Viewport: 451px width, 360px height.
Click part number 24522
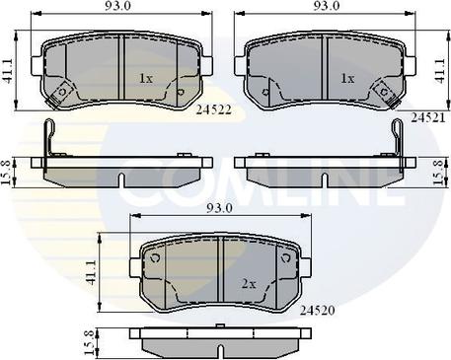[x=214, y=109]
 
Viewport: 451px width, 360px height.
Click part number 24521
[x=427, y=117]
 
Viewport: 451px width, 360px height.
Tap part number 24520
[x=317, y=310]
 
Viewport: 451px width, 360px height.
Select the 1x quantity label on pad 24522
[x=146, y=78]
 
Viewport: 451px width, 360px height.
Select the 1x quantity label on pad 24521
[x=347, y=78]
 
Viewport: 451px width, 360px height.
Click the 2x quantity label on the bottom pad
[x=249, y=284]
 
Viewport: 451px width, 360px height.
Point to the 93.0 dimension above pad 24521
[x=324, y=6]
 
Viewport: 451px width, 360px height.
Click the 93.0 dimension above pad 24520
[x=219, y=208]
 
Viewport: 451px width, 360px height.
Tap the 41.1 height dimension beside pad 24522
[x=7, y=71]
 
